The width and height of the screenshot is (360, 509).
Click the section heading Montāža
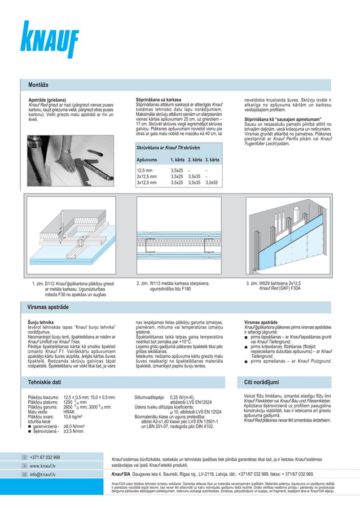(x=38, y=85)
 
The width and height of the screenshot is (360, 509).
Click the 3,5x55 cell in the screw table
(x=212, y=182)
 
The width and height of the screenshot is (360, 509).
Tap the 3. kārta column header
(x=212, y=160)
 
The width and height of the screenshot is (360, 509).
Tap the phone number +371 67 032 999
(x=45, y=457)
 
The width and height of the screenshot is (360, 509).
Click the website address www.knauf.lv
(x=42, y=466)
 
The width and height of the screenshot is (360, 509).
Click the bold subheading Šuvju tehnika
(x=41, y=322)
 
